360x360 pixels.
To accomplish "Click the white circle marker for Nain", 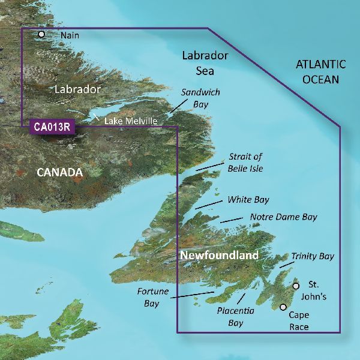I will [41, 35].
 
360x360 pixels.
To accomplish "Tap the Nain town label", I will [70, 35].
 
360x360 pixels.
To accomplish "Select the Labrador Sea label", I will [205, 63].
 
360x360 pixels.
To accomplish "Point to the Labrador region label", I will [76, 89].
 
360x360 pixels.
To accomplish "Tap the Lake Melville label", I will [131, 121].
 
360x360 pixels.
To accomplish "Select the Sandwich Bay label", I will [200, 98].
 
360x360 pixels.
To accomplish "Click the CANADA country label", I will [59, 173].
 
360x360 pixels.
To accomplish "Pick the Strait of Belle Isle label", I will [245, 163].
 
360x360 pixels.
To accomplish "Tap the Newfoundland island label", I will [220, 255].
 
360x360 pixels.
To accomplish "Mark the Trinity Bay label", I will [313, 256].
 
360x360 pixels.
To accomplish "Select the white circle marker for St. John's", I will [295, 286].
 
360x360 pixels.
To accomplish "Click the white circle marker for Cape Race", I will [283, 307].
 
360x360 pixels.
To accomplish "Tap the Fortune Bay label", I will [151, 298].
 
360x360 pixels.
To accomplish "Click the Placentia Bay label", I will [235, 317].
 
